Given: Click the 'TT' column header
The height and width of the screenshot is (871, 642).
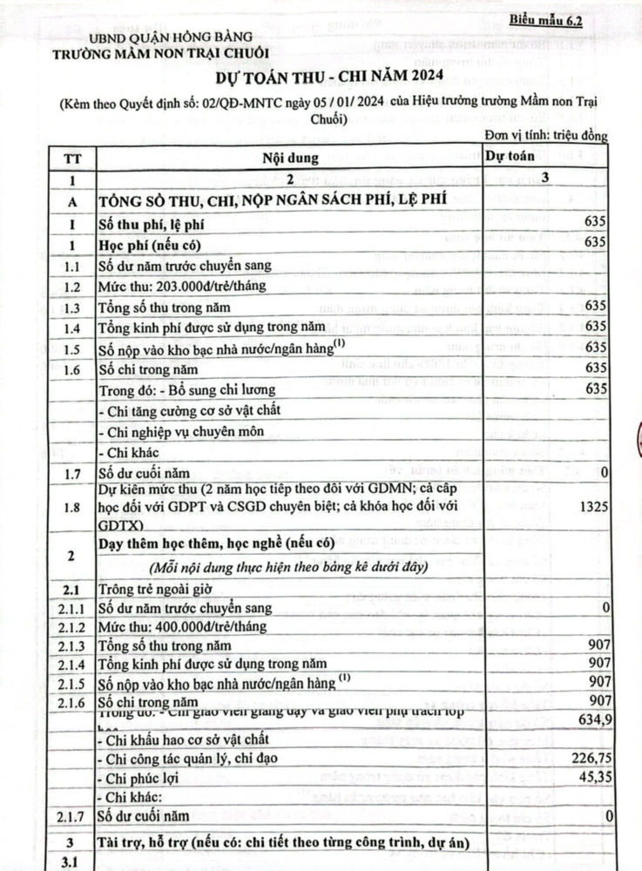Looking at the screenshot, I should pyautogui.click(x=73, y=159).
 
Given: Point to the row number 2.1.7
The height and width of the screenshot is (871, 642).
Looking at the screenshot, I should pyautogui.click(x=73, y=816).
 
